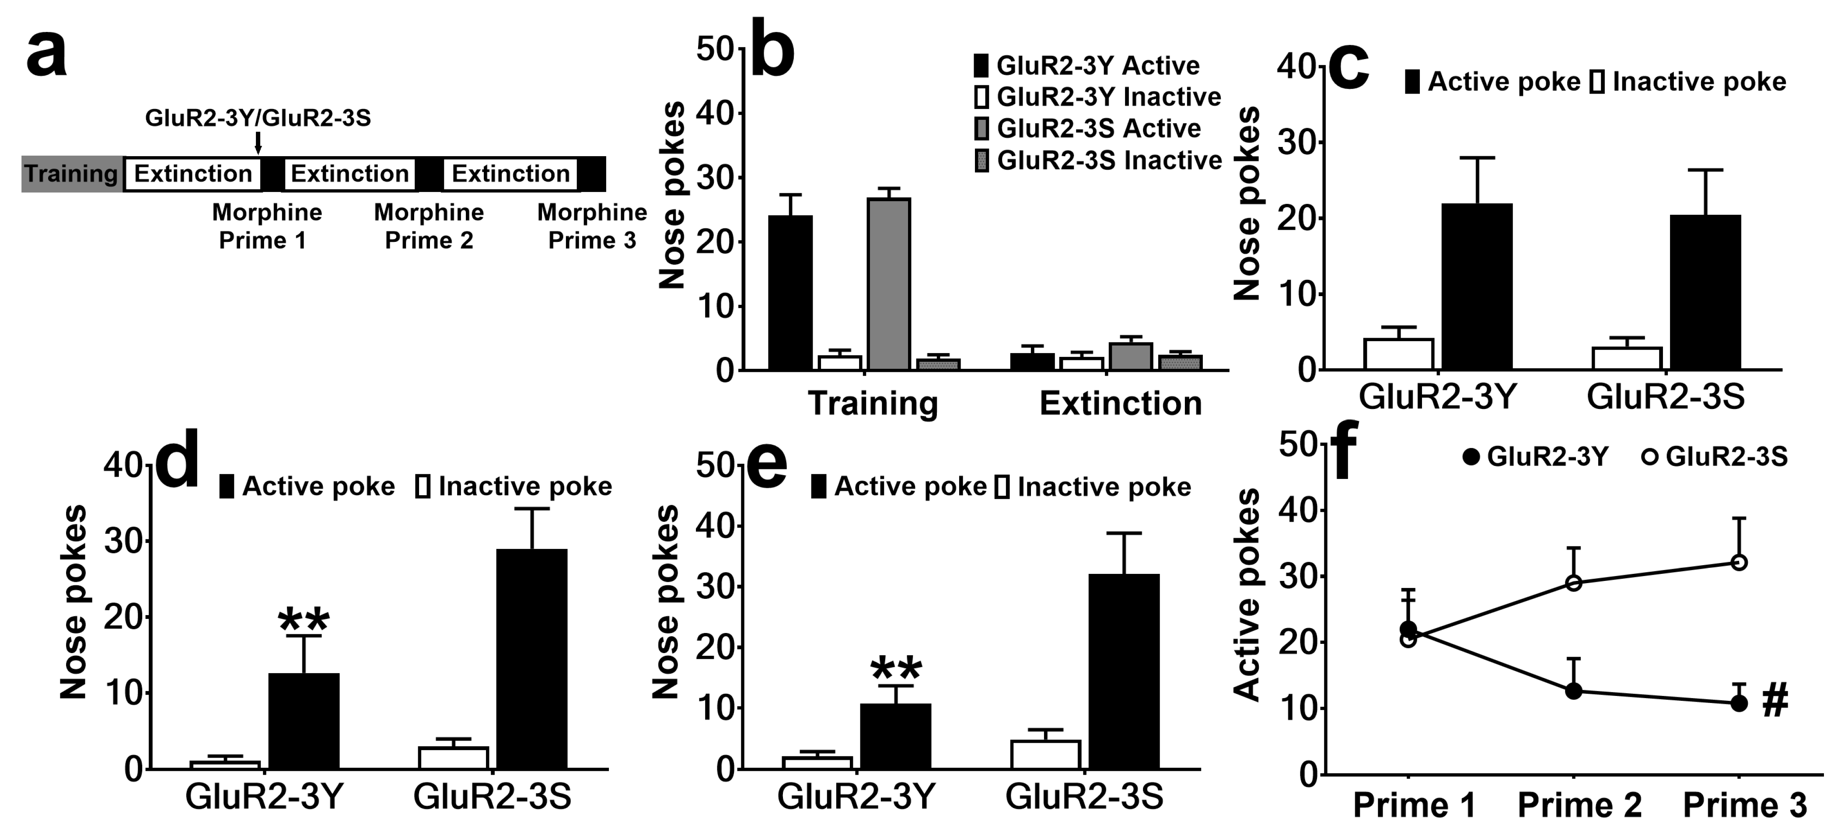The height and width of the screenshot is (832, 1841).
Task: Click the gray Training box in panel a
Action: (71, 174)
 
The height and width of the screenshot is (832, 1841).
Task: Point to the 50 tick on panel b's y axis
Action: (717, 49)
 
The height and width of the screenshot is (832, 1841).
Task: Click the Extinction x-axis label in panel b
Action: (1120, 404)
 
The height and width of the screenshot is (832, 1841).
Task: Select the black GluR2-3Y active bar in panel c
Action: (1477, 287)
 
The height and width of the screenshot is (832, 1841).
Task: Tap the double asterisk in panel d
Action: (304, 619)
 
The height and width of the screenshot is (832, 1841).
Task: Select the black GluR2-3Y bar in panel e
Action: (895, 736)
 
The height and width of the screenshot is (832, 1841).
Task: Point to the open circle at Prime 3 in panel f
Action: (1739, 563)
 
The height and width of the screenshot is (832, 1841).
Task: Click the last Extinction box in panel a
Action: (510, 174)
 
